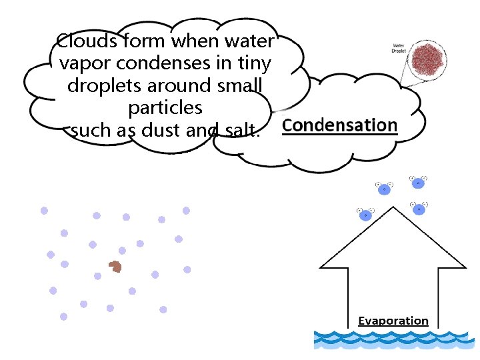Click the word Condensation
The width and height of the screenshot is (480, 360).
click(340, 125)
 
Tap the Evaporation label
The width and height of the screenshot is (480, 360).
click(393, 321)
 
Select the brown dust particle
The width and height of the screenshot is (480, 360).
click(116, 267)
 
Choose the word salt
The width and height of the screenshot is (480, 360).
click(237, 130)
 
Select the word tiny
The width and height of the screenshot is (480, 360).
click(253, 64)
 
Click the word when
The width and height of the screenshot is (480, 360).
click(191, 41)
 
